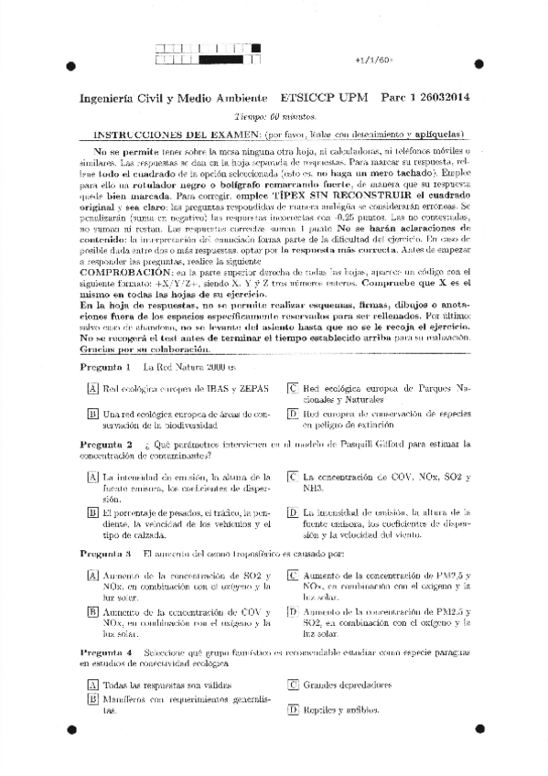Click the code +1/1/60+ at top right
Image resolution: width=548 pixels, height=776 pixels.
point(372,60)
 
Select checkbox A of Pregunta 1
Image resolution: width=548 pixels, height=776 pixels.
point(92,389)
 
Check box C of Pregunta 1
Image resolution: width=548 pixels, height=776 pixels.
point(292,389)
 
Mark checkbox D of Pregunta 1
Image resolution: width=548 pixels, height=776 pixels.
point(292,415)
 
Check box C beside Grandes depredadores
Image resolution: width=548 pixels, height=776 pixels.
point(292,684)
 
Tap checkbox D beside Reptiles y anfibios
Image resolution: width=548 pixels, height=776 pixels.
point(292,709)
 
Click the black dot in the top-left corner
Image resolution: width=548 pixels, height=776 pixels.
point(70,65)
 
